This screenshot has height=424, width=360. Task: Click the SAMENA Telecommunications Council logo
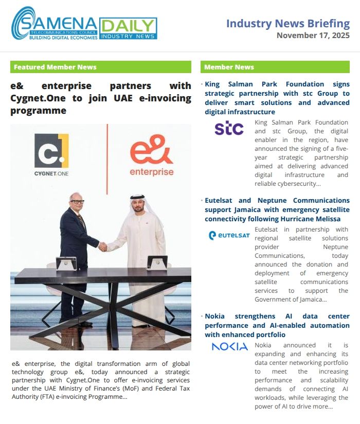click(x=54, y=24)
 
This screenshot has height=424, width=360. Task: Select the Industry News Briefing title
click(x=287, y=24)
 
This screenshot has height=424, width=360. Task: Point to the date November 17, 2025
click(x=313, y=36)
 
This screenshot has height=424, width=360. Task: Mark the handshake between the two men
click(x=103, y=246)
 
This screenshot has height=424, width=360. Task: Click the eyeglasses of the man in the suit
click(x=77, y=201)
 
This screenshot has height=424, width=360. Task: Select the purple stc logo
click(x=229, y=128)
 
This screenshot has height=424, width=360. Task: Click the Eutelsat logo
click(x=229, y=236)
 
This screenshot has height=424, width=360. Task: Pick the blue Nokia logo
click(x=229, y=346)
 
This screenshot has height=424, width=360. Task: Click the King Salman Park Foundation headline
click(x=277, y=98)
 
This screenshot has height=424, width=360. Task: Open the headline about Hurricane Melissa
click(x=277, y=209)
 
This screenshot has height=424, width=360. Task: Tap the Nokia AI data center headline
click(x=277, y=325)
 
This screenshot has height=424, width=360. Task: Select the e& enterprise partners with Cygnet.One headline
click(x=101, y=98)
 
